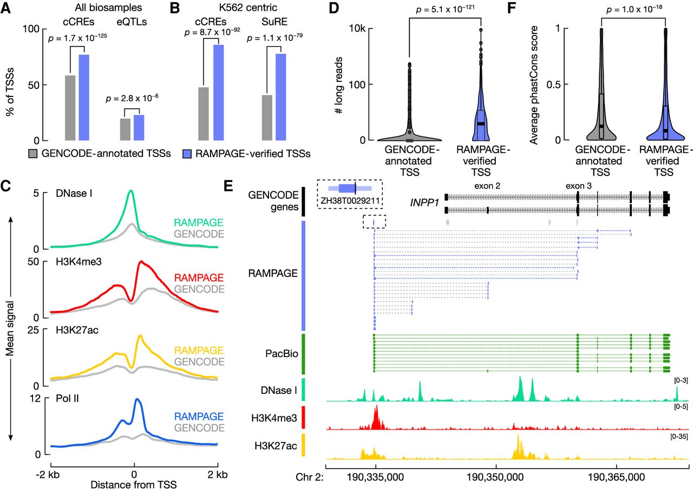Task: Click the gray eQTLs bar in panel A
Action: tap(125, 129)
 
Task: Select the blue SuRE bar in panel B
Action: tap(280, 97)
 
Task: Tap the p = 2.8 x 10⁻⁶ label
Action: tap(132, 99)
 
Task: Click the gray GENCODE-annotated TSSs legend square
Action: tap(32, 154)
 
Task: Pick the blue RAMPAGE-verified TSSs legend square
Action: tap(187, 154)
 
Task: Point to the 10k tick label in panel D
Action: tap(357, 29)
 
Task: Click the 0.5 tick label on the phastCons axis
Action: tap(553, 85)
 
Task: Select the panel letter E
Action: tap(228, 186)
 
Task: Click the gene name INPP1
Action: tap(424, 203)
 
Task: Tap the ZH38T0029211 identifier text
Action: tap(350, 201)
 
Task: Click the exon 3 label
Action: tap(579, 186)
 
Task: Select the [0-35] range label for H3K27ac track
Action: tap(679, 437)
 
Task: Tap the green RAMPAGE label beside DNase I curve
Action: tap(198, 222)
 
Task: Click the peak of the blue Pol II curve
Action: tap(137, 399)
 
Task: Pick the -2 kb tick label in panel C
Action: tap(48, 475)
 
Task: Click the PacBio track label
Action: tap(282, 354)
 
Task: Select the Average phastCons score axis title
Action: tap(534, 85)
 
